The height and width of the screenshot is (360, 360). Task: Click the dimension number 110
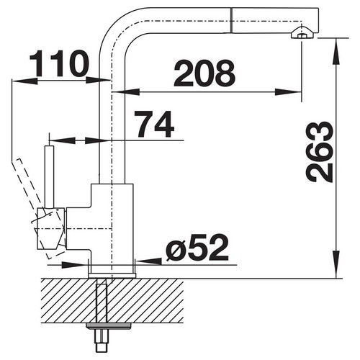[x=59, y=63]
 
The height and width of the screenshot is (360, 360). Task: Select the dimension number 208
[x=204, y=73]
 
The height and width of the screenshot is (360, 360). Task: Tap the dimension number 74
[x=154, y=124]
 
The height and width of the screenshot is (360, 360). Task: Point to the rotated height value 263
[x=320, y=152]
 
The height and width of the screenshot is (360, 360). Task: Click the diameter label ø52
[x=197, y=248]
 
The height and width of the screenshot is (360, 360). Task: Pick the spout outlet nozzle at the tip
[x=302, y=33]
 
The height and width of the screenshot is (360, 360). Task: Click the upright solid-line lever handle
[x=49, y=176]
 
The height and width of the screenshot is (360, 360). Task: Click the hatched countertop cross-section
[x=112, y=300]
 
